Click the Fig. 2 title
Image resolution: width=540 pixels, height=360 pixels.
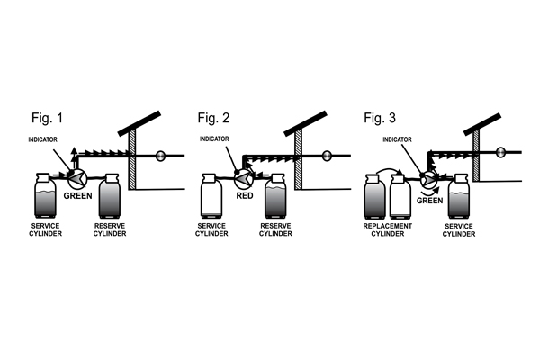213,118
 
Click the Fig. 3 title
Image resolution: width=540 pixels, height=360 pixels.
380,118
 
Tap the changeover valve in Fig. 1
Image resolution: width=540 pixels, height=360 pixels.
79,177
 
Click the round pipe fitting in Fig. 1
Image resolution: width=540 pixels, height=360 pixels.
160,156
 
